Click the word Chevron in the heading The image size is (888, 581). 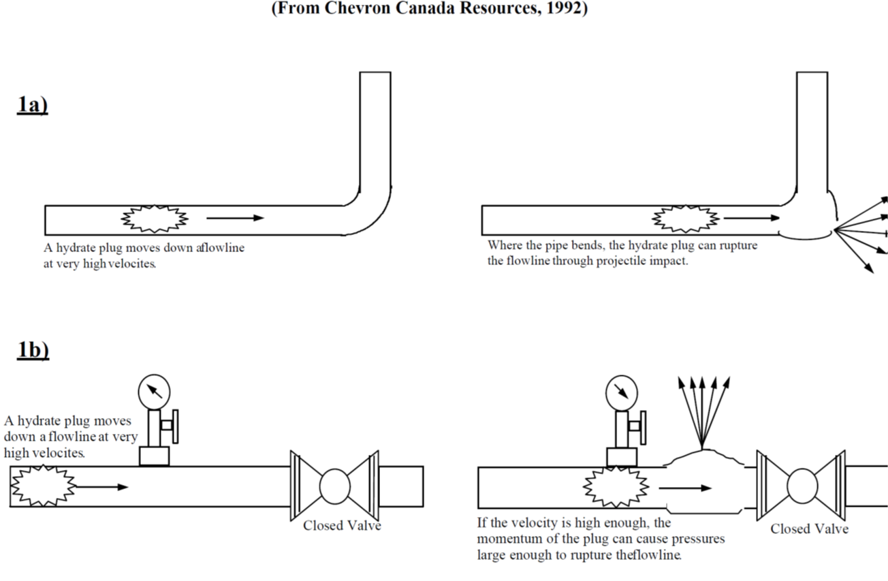tap(363, 9)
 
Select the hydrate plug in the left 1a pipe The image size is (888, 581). tap(155, 219)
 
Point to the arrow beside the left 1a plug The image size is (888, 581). tap(235, 218)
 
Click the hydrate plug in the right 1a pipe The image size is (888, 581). tap(686, 219)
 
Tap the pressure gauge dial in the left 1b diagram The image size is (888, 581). tap(154, 392)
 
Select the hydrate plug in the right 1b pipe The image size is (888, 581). tap(616, 488)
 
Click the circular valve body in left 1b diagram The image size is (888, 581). tap(334, 486)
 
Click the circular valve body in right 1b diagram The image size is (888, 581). tap(802, 486)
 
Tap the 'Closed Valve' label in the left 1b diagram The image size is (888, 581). tap(342, 525)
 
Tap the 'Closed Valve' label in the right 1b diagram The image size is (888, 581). tap(810, 529)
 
